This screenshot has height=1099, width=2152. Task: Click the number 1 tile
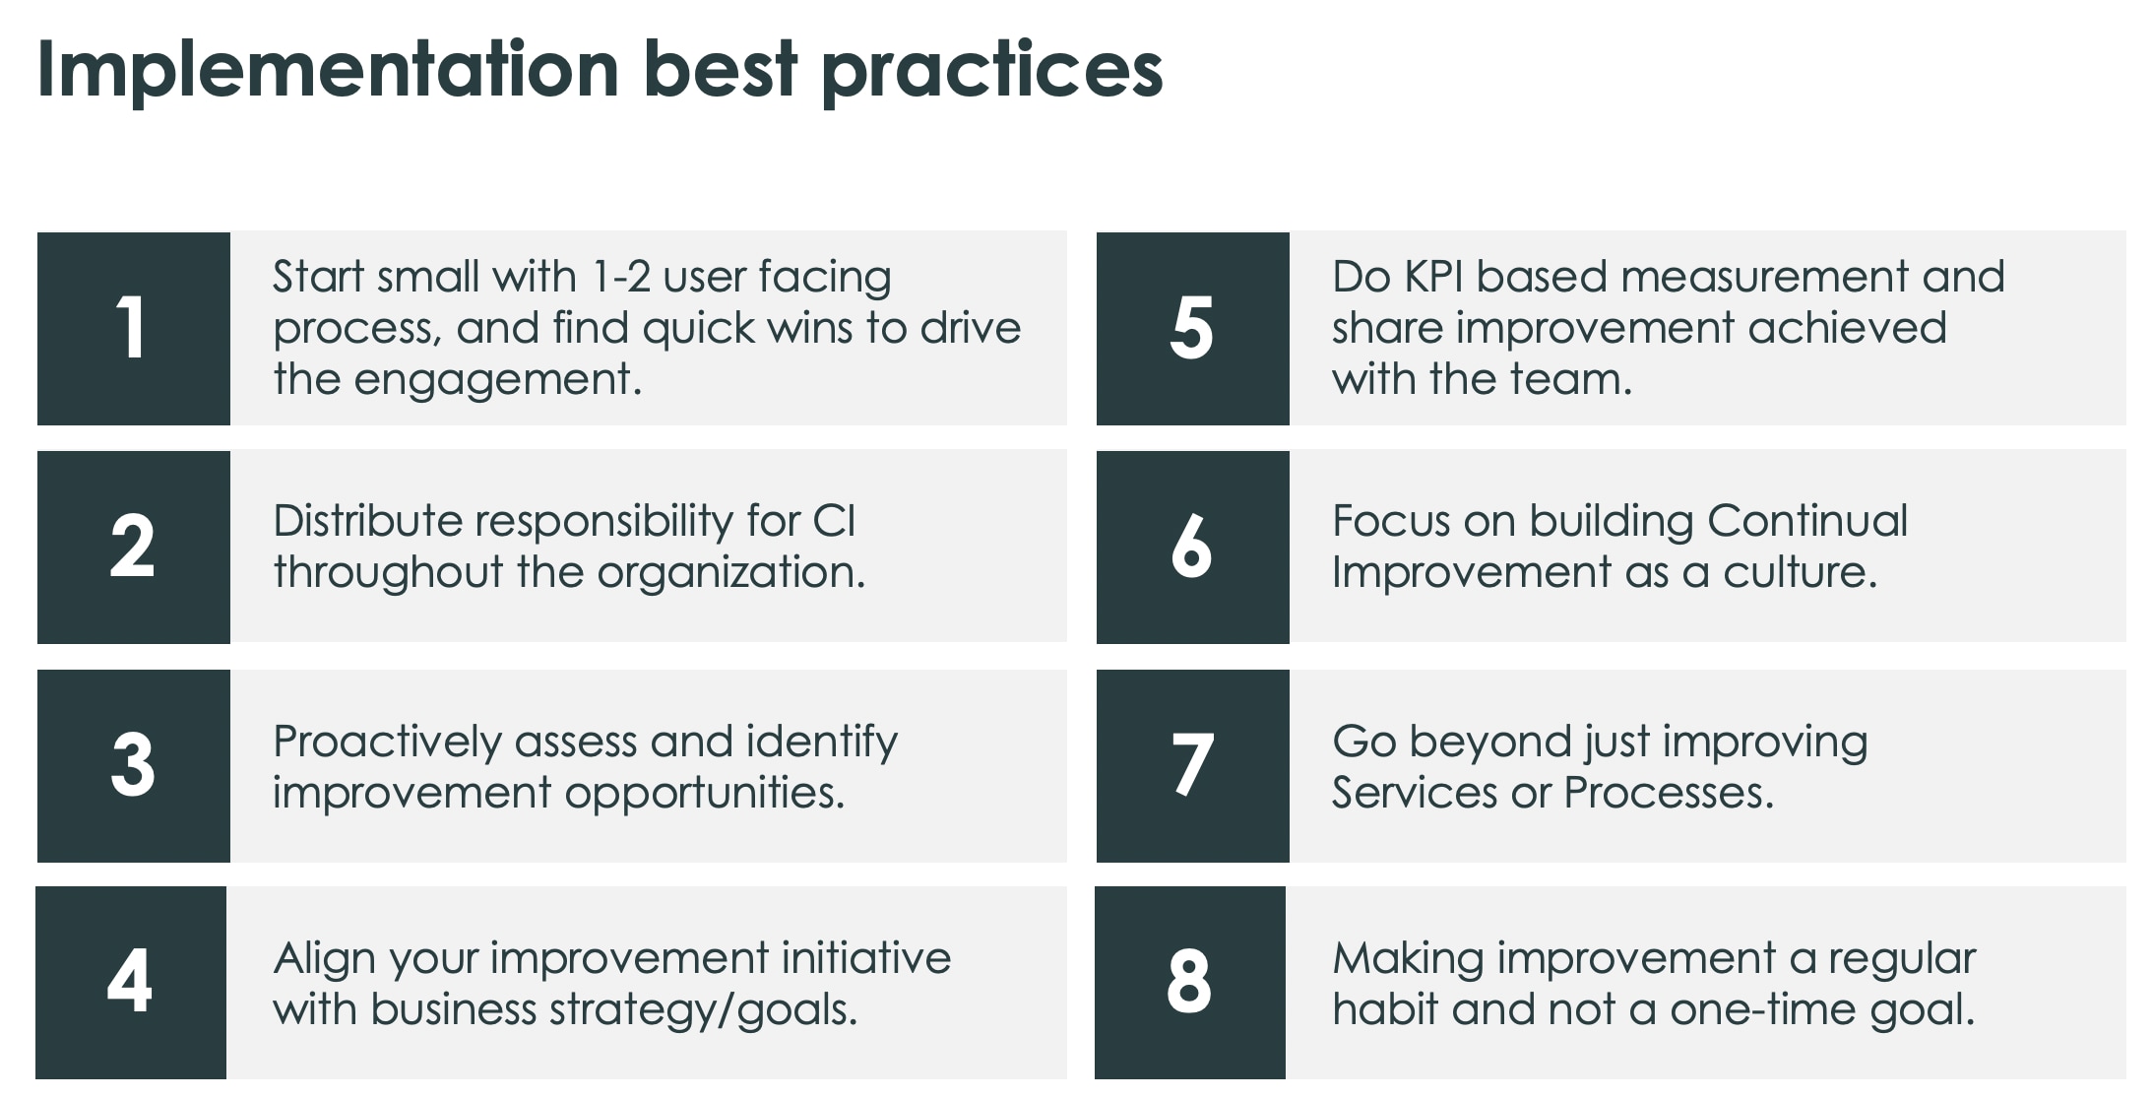tap(133, 328)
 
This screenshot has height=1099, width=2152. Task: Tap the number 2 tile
tap(133, 547)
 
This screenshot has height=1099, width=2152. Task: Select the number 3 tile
tap(133, 765)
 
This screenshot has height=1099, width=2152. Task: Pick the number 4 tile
tap(130, 982)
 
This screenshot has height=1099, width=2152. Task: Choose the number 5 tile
tap(1192, 328)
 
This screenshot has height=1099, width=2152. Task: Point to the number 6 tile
tap(1192, 547)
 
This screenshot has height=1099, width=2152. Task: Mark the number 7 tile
tap(1192, 765)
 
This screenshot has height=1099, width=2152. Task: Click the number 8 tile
tap(1189, 982)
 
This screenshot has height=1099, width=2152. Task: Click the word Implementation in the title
tap(328, 71)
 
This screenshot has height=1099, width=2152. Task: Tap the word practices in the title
tap(991, 71)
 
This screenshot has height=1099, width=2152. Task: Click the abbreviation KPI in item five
tap(1433, 277)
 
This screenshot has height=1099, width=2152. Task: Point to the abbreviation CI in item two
tap(835, 521)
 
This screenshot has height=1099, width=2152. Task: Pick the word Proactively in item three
tap(387, 742)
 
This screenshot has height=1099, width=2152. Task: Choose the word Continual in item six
tap(1807, 521)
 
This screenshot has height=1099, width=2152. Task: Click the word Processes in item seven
tap(1668, 793)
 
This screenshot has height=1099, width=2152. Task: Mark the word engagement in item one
tap(497, 380)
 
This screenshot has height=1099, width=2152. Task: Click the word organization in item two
tap(730, 572)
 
